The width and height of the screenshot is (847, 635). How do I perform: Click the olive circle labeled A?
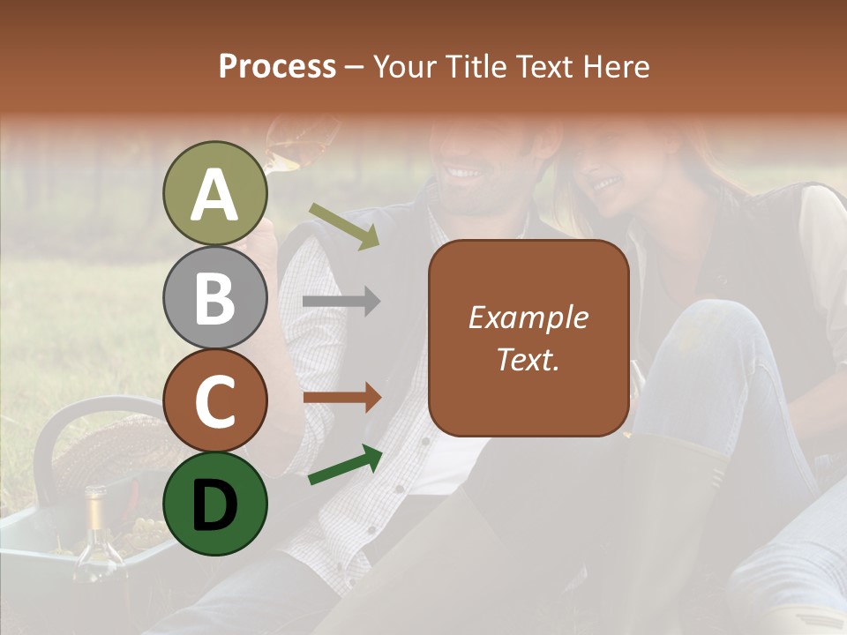215,193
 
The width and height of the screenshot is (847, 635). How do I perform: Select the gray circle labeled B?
215,297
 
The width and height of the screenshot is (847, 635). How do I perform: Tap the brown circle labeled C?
215,400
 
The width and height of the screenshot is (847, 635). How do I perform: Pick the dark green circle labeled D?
215,504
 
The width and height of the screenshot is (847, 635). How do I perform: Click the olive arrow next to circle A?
344,226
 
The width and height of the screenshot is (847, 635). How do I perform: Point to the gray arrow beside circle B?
341,302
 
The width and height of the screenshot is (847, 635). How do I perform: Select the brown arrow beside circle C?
341,398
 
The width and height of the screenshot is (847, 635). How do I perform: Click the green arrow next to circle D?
345,465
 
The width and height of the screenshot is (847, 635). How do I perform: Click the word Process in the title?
277,66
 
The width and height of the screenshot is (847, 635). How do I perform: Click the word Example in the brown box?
528,317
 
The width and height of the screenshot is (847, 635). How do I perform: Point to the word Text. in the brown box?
528,359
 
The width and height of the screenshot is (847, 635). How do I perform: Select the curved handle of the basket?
71,419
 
